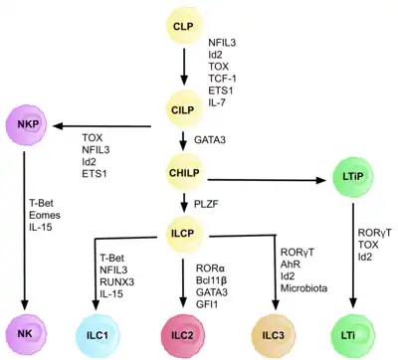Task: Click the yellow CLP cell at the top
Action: [x=185, y=26]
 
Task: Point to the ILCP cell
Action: [x=185, y=235]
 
